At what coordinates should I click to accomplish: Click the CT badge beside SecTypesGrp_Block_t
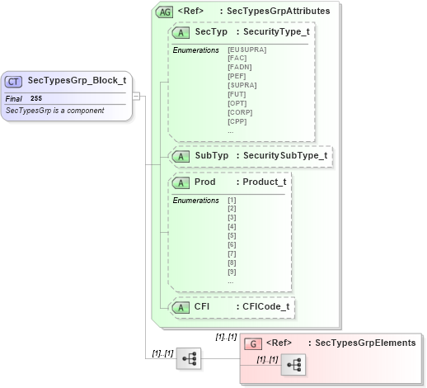[14, 81]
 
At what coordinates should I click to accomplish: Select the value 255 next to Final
[36, 98]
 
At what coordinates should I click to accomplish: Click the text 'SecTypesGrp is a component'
[54, 111]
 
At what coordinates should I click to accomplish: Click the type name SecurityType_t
[275, 31]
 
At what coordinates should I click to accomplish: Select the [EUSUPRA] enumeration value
[246, 50]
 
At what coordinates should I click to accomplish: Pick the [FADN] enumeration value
[240, 67]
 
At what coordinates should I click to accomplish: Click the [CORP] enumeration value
[240, 111]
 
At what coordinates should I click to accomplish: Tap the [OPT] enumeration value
[238, 102]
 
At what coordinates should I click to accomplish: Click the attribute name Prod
[204, 182]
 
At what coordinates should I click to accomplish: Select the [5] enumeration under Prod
[232, 236]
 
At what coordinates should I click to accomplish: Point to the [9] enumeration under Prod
[232, 272]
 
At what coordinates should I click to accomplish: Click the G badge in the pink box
[254, 343]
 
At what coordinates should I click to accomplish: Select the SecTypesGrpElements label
[361, 343]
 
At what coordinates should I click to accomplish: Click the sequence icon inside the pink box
[293, 365]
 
